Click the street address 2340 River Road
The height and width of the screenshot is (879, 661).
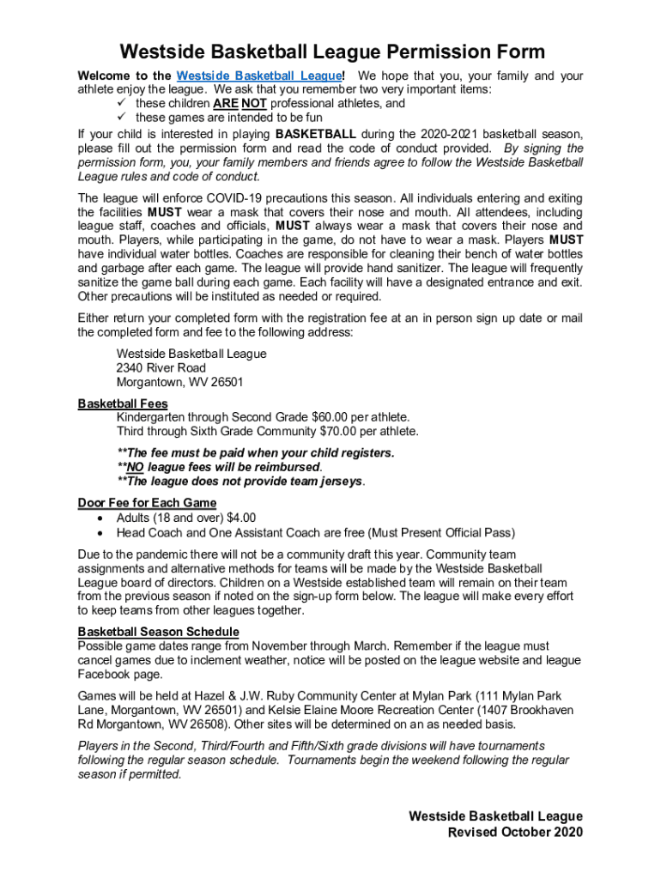(x=161, y=368)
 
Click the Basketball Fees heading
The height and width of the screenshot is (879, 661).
(x=123, y=403)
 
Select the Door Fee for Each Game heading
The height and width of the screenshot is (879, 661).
(x=147, y=503)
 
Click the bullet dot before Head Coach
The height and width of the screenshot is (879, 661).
(x=102, y=532)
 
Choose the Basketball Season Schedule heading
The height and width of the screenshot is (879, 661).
(x=159, y=632)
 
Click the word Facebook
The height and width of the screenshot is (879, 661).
(x=105, y=675)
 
